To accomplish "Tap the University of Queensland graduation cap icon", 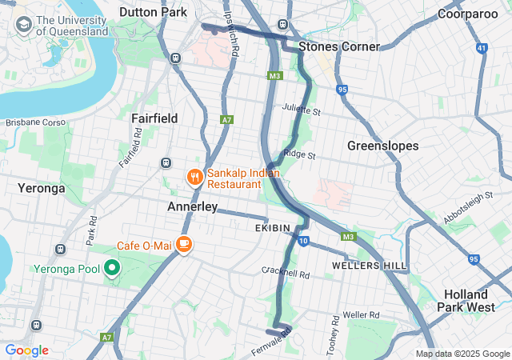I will click(24, 26).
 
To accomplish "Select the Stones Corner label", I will click(338, 46).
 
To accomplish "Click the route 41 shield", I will click(481, 49).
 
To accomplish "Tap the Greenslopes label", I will click(382, 146).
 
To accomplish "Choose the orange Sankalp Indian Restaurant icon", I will click(194, 178).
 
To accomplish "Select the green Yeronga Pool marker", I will click(113, 268).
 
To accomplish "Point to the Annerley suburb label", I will click(192, 206).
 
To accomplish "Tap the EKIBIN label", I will click(273, 228).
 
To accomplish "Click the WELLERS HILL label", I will click(369, 265).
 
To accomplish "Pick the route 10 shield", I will click(302, 240).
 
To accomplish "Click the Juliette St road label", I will click(301, 110).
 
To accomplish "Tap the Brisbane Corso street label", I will click(34, 122).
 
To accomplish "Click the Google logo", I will click(26, 350).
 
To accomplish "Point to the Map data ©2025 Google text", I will click(462, 354).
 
